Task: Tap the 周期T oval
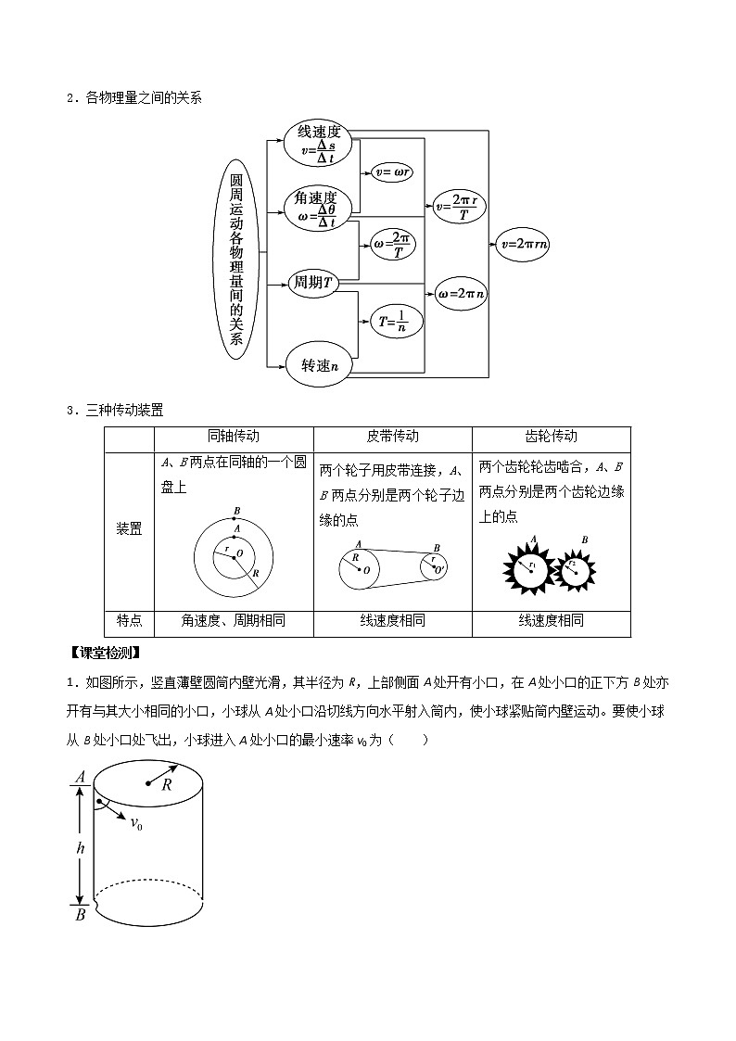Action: [x=312, y=283]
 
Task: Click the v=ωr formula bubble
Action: [x=391, y=171]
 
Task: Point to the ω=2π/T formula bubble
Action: [x=393, y=246]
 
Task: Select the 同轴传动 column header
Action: [x=234, y=438]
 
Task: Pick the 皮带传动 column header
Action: [x=393, y=438]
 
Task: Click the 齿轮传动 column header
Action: [x=551, y=438]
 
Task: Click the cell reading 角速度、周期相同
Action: [x=234, y=621]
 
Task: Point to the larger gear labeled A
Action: [x=530, y=568]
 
